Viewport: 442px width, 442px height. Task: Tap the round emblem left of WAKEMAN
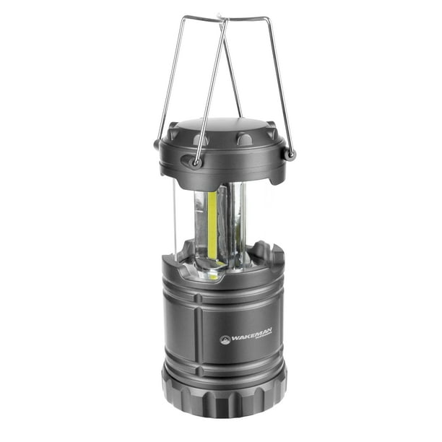click(225, 339)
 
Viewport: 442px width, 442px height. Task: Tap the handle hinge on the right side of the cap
click(290, 154)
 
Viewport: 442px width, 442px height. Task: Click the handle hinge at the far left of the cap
click(157, 144)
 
